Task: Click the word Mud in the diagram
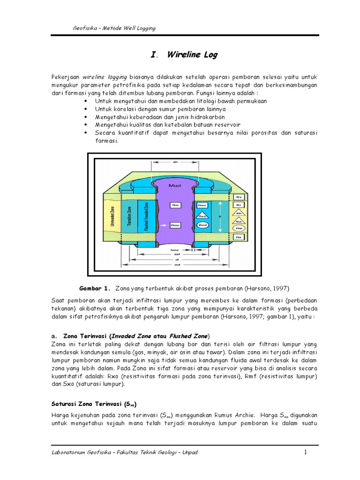click(x=174, y=186)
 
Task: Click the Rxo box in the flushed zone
click(x=202, y=205)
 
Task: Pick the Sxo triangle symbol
click(x=202, y=216)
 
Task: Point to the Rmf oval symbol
click(x=202, y=225)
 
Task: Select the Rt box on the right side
click(x=239, y=205)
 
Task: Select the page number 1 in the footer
click(x=305, y=452)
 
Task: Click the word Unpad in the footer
click(x=190, y=452)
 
